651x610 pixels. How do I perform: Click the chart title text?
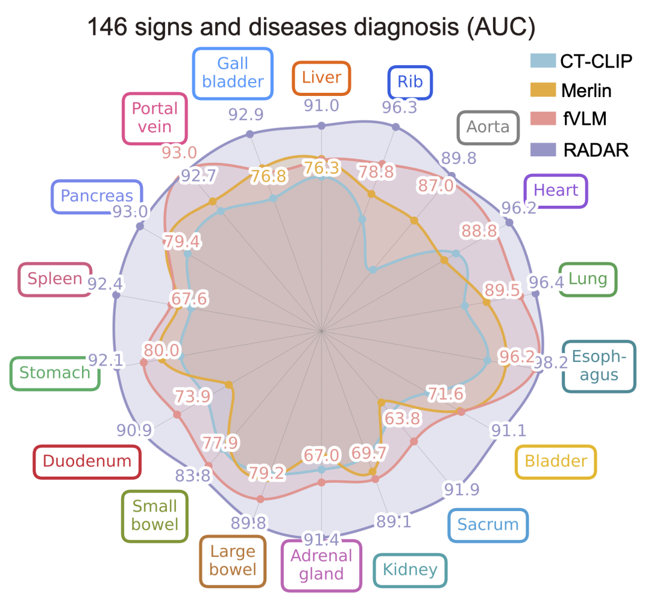tap(312, 27)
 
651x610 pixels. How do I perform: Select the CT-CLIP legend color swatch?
tap(542, 61)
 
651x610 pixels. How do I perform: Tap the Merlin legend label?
tap(587, 91)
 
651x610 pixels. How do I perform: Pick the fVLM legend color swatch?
tap(542, 118)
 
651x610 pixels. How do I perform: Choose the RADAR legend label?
tap(596, 150)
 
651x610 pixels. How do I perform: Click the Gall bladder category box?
tap(233, 73)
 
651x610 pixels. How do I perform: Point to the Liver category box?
tap(321, 78)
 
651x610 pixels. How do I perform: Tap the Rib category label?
tap(410, 82)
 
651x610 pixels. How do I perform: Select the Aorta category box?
tap(488, 127)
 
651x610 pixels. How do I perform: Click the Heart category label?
tap(556, 190)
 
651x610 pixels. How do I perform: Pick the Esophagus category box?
tap(599, 366)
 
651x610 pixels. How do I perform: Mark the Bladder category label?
tap(556, 461)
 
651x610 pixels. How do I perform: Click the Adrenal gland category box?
tap(321, 565)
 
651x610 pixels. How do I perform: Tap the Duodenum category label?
tap(87, 461)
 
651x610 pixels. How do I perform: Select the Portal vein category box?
tap(155, 118)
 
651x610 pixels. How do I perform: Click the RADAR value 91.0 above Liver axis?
tap(321, 106)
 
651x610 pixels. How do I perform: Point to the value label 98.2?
tap(550, 363)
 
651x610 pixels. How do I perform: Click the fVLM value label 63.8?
tap(402, 419)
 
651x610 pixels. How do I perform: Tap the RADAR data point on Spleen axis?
tap(117, 295)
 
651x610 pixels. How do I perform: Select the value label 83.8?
tap(193, 475)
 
